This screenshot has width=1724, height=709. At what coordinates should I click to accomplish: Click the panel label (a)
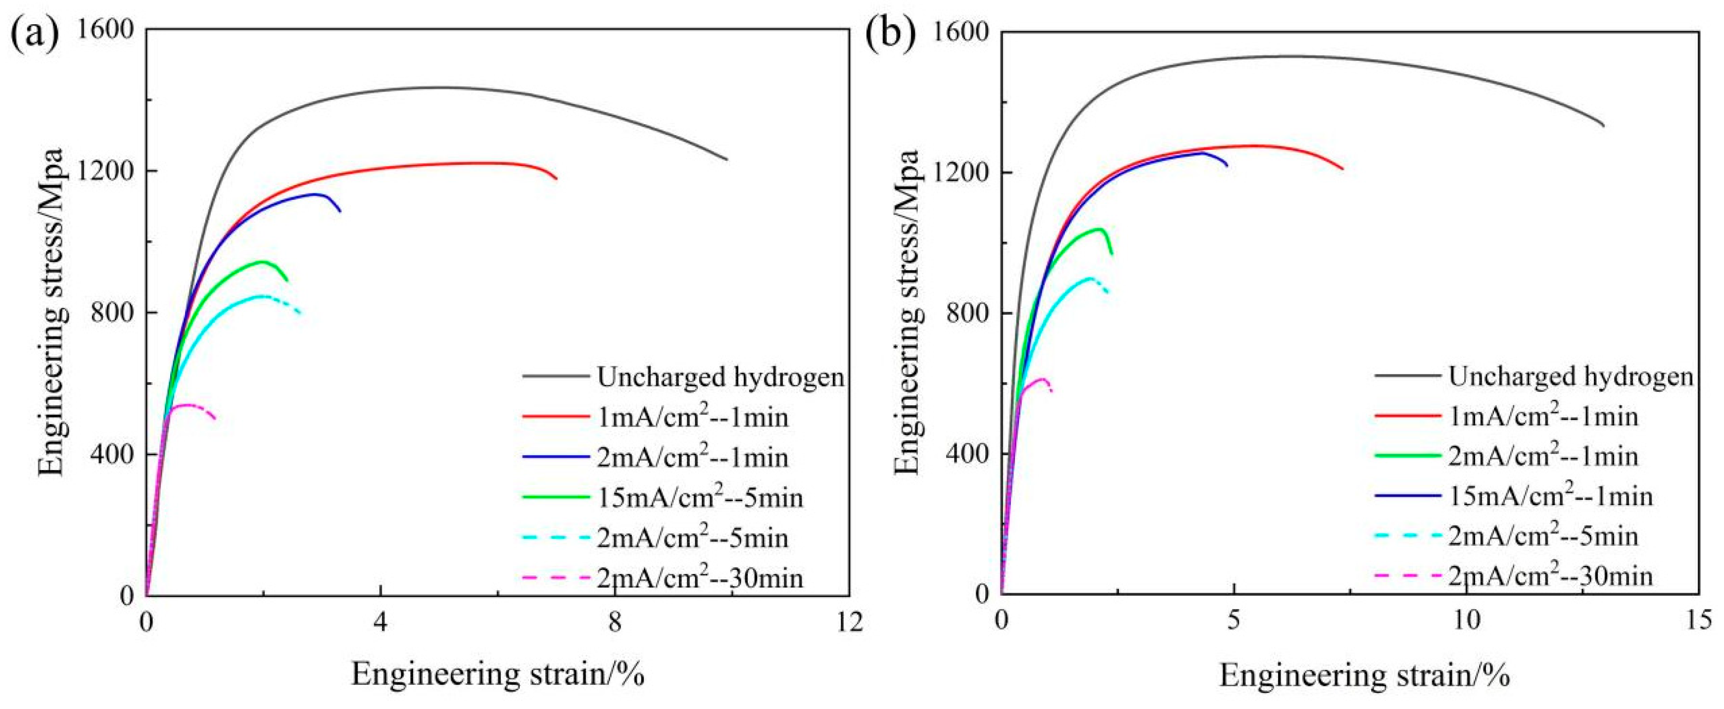pyautogui.click(x=35, y=30)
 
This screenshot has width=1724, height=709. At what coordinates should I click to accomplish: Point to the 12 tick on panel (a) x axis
pyautogui.click(x=849, y=621)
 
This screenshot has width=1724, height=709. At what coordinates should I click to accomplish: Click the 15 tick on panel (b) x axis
pyautogui.click(x=1698, y=621)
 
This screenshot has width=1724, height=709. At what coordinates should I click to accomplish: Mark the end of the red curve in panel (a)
pyautogui.click(x=556, y=179)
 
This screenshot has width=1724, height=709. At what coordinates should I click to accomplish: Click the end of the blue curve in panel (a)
pyautogui.click(x=340, y=211)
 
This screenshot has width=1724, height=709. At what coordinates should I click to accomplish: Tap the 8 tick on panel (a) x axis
pyautogui.click(x=615, y=621)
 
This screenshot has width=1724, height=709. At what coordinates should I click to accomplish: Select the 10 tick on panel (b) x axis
pyautogui.click(x=1466, y=621)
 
